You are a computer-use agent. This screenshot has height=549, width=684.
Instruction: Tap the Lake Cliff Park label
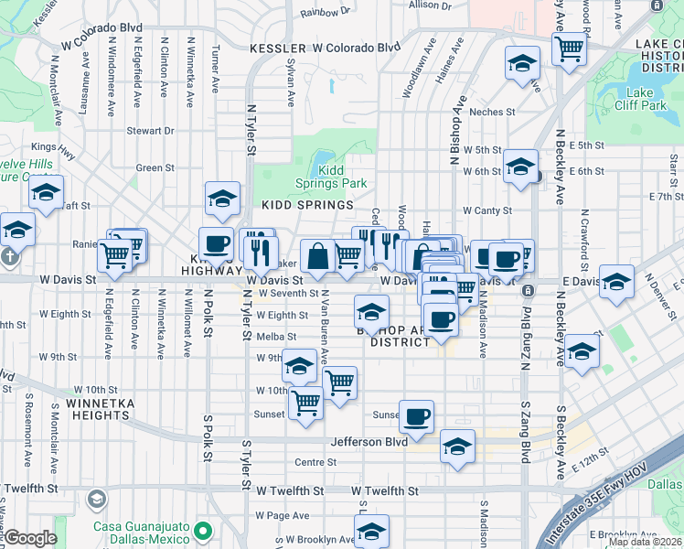640,99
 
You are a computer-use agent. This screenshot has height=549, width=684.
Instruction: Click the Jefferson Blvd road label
369,442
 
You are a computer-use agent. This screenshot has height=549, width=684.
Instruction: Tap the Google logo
30,538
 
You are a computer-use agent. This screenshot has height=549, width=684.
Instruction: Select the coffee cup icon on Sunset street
416,416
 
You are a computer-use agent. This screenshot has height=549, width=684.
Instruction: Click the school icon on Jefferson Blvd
457,446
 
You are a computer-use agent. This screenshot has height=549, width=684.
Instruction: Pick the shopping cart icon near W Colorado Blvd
569,48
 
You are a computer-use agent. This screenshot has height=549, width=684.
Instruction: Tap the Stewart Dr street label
150,131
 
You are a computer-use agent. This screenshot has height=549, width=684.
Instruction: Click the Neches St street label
492,113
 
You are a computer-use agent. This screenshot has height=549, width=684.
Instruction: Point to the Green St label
155,168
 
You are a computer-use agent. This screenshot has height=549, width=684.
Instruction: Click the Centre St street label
315,462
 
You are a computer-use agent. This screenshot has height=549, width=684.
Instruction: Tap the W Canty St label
486,210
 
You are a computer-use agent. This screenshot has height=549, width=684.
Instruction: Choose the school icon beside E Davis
616,283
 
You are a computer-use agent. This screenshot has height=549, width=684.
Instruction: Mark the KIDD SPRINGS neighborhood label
307,206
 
